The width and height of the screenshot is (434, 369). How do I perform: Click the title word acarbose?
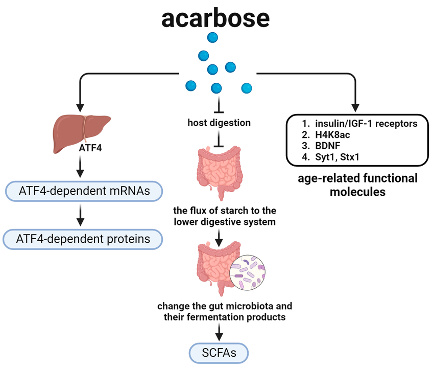click(x=215, y=18)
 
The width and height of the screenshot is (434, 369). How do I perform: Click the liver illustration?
click(x=82, y=133)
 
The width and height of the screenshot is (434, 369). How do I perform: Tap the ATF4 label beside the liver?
click(x=90, y=148)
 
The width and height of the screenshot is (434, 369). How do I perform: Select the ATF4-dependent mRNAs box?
click(x=84, y=191)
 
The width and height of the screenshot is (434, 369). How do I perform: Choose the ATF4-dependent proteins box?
click(x=83, y=239)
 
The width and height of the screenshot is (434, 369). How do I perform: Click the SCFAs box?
click(x=219, y=353)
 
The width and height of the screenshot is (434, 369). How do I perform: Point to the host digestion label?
click(x=219, y=123)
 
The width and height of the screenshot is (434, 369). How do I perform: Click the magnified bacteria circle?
click(x=248, y=272)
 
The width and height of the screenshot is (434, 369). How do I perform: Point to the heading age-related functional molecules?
click(x=357, y=185)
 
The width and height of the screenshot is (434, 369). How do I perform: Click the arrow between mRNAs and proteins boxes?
click(x=80, y=215)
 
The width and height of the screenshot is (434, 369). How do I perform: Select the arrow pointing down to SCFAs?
click(x=219, y=332)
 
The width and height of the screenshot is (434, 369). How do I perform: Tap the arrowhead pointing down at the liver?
click(x=80, y=108)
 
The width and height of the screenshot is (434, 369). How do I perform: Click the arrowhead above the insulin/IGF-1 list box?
click(x=355, y=108)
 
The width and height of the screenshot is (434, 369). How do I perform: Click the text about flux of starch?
click(x=225, y=216)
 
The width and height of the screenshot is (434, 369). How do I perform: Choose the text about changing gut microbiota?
click(x=225, y=311)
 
